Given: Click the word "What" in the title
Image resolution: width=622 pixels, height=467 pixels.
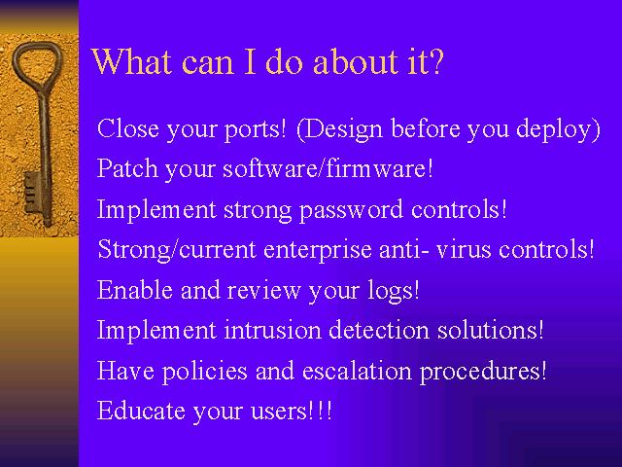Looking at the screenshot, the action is point(132,61).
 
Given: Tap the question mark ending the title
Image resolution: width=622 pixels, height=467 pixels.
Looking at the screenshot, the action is point(435,61).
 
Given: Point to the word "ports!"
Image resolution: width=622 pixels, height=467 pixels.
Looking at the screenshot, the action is point(255,129).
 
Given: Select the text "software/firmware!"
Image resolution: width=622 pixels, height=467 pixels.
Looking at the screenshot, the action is point(328,168).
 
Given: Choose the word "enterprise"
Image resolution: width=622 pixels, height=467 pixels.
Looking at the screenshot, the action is point(318,250).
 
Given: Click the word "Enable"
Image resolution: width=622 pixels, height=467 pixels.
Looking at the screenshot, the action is point(135,290).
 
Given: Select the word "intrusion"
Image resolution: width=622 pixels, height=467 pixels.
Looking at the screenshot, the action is point(272,330).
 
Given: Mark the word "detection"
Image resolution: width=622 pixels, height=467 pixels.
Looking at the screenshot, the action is point(379,330).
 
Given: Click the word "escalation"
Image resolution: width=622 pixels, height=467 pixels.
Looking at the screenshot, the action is point(357,370).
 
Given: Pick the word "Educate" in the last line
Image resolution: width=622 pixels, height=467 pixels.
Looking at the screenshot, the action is point(141,411).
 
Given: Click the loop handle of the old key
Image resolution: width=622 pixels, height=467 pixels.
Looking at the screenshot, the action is point(37,64).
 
